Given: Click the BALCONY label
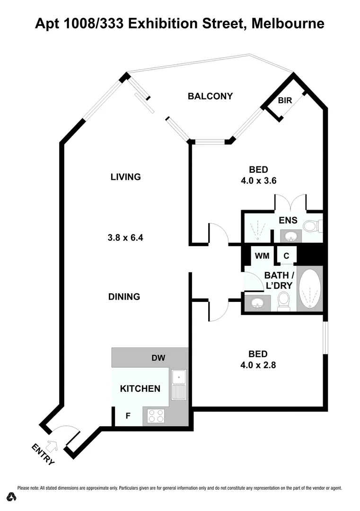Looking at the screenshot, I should click(210, 97).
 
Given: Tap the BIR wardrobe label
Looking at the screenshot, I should click(285, 101).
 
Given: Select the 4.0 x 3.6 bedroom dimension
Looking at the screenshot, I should click(259, 180).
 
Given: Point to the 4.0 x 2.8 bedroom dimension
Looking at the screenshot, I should click(259, 364).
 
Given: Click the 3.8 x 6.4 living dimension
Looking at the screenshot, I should click(125, 238).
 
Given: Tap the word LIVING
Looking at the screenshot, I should click(126, 177).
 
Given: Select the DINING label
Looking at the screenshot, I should click(124, 297).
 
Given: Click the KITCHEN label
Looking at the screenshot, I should click(140, 389).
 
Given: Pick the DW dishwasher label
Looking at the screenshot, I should click(158, 358).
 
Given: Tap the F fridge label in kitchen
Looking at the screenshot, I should click(128, 416).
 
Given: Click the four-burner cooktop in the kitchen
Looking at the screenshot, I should click(156, 416).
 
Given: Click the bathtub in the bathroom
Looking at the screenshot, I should click(310, 290).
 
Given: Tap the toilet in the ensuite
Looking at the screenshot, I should click(311, 226).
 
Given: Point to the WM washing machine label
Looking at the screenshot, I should click(262, 256).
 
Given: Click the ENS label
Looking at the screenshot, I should click(288, 220).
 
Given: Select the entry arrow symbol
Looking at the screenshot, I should click(53, 444).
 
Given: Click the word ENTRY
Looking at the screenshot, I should click(43, 454).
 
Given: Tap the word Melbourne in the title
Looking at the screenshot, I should click(289, 23).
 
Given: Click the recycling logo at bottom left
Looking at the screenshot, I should click(11, 496).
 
